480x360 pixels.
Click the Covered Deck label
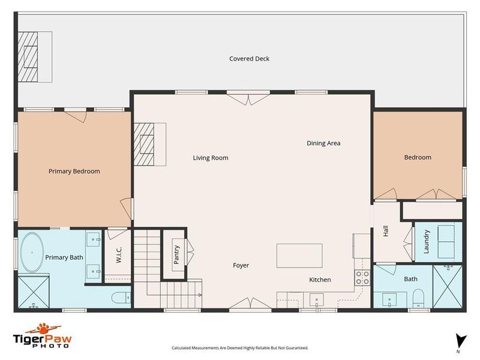[x=249, y=59]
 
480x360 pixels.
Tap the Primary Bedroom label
[x=74, y=171]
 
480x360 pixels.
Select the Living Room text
[x=211, y=158]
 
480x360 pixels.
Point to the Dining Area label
[x=323, y=143]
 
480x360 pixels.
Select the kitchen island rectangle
[x=299, y=255]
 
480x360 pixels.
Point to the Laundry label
[x=427, y=241]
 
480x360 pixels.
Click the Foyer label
[x=241, y=265]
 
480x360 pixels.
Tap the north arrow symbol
[x=459, y=340]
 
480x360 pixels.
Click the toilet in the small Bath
[x=418, y=298]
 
